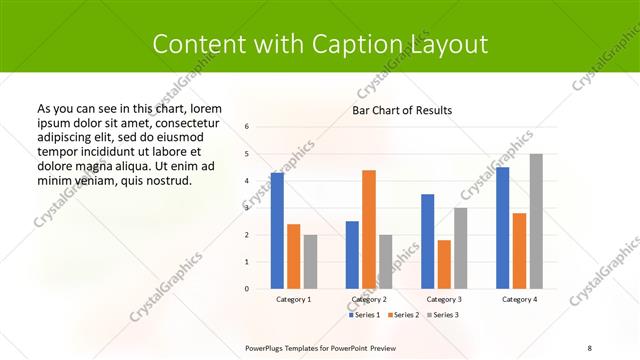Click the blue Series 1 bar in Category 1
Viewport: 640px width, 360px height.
tap(277, 231)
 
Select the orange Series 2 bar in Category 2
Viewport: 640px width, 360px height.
tap(369, 229)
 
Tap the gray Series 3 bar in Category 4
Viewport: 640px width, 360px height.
tap(536, 221)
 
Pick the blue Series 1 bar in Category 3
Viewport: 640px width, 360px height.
tap(428, 241)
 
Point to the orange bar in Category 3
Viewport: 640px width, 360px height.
tap(444, 264)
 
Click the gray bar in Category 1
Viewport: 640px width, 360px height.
tap(310, 262)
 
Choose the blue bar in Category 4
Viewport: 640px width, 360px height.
tap(503, 228)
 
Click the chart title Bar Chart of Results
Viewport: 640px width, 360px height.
tap(402, 110)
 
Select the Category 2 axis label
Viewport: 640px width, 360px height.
tap(369, 299)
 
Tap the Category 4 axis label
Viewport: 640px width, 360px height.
tap(519, 299)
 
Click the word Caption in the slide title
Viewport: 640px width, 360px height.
tap(365, 45)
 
